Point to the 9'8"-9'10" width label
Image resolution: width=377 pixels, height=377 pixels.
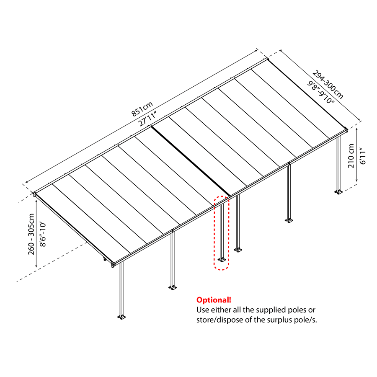coord(321,93)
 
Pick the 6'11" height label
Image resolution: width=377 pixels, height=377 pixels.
coord(362,155)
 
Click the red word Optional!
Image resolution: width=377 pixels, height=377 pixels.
coord(214,300)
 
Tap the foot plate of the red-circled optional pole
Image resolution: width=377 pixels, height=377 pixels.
coord(222,260)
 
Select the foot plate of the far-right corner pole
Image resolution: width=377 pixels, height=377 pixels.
coord(338,192)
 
